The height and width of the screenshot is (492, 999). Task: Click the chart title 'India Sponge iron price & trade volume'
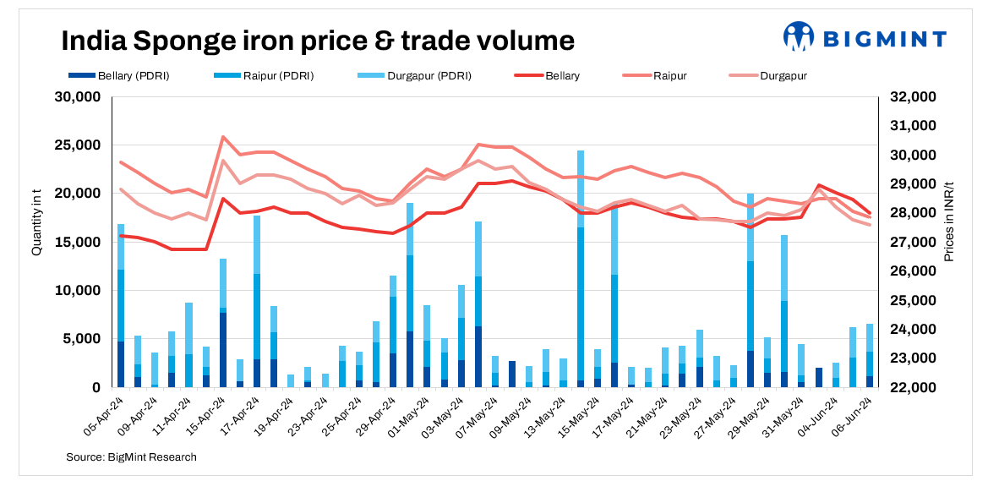click(x=318, y=41)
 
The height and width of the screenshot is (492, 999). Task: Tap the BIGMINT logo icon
click(x=797, y=37)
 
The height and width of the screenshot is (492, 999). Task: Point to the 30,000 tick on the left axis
click(x=78, y=97)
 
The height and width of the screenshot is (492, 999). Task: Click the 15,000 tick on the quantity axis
click(x=78, y=243)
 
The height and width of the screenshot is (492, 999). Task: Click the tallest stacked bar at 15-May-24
click(x=581, y=271)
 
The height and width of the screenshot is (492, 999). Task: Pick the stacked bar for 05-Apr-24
click(x=121, y=304)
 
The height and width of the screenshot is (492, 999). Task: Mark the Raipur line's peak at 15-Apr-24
click(x=223, y=137)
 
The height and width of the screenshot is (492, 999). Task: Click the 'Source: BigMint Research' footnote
click(x=131, y=457)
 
